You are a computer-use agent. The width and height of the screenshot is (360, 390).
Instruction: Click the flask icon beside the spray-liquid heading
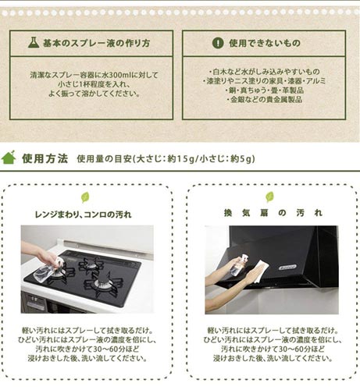point(34,42)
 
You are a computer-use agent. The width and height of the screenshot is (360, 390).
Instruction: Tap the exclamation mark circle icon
point(218,43)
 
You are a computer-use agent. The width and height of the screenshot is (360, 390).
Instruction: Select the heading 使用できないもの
point(265,43)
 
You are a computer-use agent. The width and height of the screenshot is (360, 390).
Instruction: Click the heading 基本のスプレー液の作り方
point(96,43)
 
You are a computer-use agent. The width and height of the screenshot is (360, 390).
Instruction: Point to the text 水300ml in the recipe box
point(117,75)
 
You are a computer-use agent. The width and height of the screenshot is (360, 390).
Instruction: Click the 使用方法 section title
point(45,158)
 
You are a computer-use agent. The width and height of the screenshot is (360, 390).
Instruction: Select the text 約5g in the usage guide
point(241,158)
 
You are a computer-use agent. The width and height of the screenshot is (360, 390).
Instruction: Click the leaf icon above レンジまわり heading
point(85,197)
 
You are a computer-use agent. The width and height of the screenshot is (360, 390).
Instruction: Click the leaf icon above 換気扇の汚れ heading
point(269,197)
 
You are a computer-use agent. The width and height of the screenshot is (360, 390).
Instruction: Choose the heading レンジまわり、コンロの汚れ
point(83,214)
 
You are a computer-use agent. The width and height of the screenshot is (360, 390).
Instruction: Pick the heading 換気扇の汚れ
point(273,213)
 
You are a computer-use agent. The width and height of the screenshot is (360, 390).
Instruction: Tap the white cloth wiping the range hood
point(261,271)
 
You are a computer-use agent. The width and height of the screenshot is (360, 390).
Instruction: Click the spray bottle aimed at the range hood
point(240,266)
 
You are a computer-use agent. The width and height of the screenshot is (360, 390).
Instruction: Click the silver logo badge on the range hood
point(287,268)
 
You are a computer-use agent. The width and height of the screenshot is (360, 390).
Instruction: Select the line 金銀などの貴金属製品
point(265,99)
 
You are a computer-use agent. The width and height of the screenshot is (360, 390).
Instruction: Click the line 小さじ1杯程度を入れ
point(94,84)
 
